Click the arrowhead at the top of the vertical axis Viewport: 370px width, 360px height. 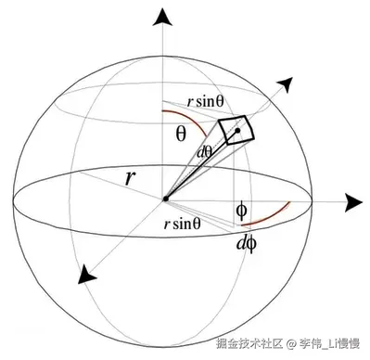(163, 18)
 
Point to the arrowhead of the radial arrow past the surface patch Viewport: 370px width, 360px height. (286, 84)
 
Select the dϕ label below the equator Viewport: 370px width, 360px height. (246, 244)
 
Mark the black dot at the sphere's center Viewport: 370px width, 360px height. (165, 199)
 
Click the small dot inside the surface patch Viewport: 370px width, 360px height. (237, 133)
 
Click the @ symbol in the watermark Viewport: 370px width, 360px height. (290, 344)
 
